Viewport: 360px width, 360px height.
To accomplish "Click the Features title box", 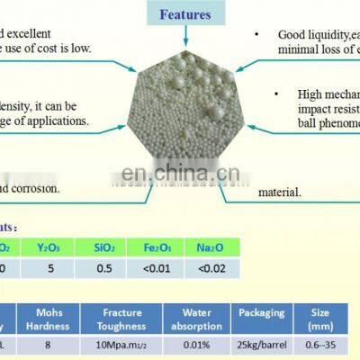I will [184, 13].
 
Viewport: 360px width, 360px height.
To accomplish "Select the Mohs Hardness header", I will [51, 318].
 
